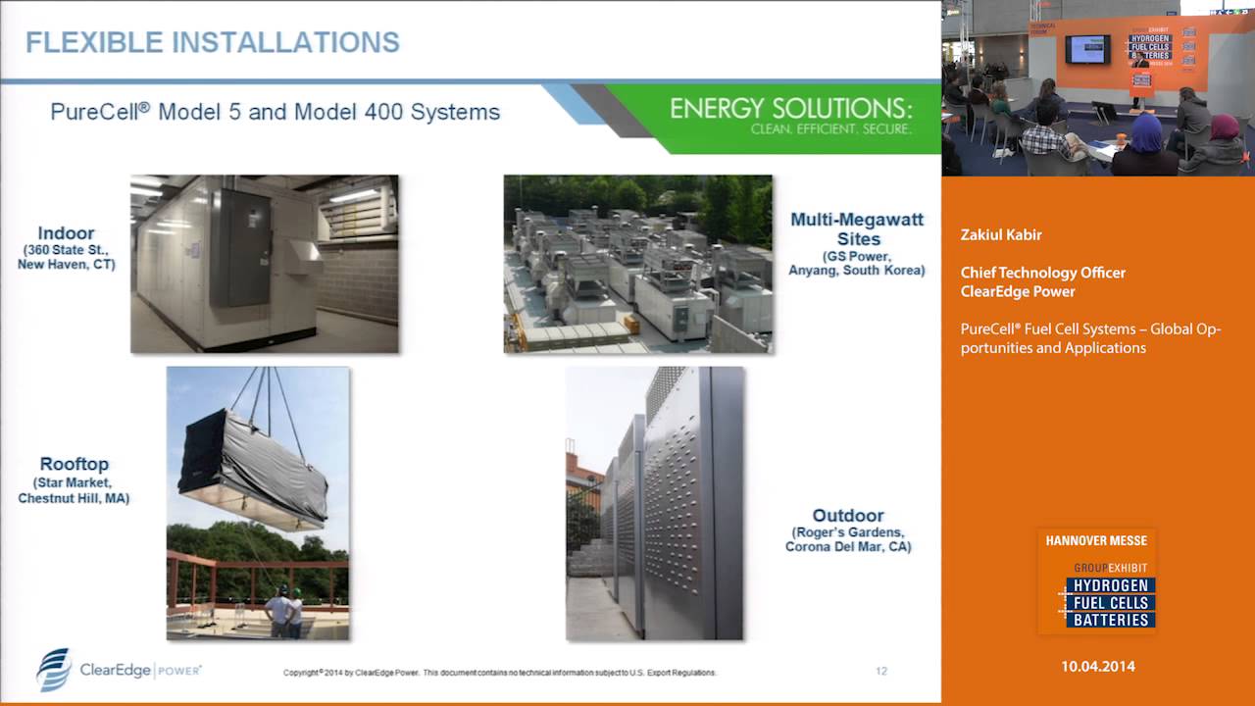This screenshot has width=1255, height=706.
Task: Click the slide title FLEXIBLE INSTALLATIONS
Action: [x=213, y=42]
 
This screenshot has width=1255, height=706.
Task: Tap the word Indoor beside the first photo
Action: [x=66, y=233]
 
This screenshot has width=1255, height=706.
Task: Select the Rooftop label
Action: [x=74, y=464]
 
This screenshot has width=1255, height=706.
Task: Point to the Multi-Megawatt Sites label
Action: [x=857, y=228]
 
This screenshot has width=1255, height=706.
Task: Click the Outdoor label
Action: [x=848, y=515]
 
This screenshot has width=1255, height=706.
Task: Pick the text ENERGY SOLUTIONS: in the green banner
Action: [x=790, y=108]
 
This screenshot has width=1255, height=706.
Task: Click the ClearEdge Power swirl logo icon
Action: [x=53, y=670]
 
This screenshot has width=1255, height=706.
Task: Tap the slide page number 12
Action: [x=880, y=672]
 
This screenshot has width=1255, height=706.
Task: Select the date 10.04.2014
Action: [x=1097, y=666]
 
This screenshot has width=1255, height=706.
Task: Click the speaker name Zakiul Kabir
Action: [x=1001, y=235]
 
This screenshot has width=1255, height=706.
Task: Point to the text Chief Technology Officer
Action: [x=1042, y=273]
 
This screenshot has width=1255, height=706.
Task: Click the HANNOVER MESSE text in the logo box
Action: [x=1096, y=540]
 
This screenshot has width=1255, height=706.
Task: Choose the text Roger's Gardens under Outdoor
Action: [x=848, y=532]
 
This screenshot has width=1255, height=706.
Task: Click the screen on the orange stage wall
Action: [x=1087, y=48]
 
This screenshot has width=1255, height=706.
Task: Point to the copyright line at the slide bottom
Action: [x=500, y=673]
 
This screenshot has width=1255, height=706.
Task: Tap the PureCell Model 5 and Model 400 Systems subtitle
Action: [x=275, y=112]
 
